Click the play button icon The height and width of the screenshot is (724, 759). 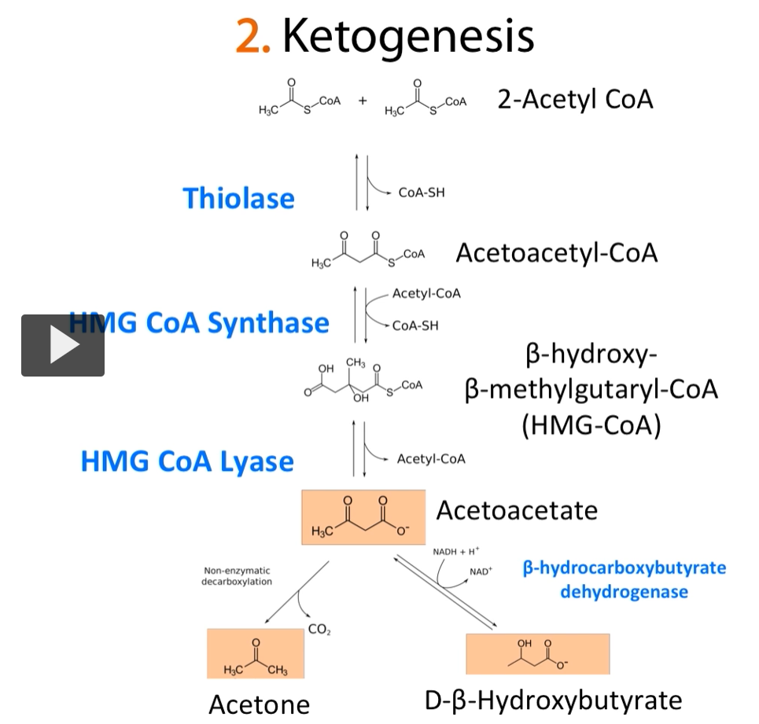pyautogui.click(x=63, y=345)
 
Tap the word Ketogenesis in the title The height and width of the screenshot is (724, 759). pyautogui.click(x=408, y=35)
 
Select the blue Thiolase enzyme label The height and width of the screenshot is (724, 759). pyautogui.click(x=238, y=197)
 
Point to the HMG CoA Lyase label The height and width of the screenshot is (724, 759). pyautogui.click(x=187, y=461)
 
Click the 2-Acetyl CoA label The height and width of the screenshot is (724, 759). pyautogui.click(x=575, y=100)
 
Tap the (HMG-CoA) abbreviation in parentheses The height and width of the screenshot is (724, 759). pyautogui.click(x=591, y=424)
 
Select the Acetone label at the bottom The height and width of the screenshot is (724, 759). pyautogui.click(x=259, y=704)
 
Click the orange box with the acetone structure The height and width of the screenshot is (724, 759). pyautogui.click(x=256, y=653)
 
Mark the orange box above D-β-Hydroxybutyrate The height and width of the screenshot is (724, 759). pyautogui.click(x=538, y=653)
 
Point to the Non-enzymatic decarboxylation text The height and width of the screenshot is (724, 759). pyautogui.click(x=238, y=576)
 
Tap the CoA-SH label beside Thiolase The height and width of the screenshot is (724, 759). pyautogui.click(x=422, y=192)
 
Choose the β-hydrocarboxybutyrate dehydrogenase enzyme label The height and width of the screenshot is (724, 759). pyautogui.click(x=625, y=579)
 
